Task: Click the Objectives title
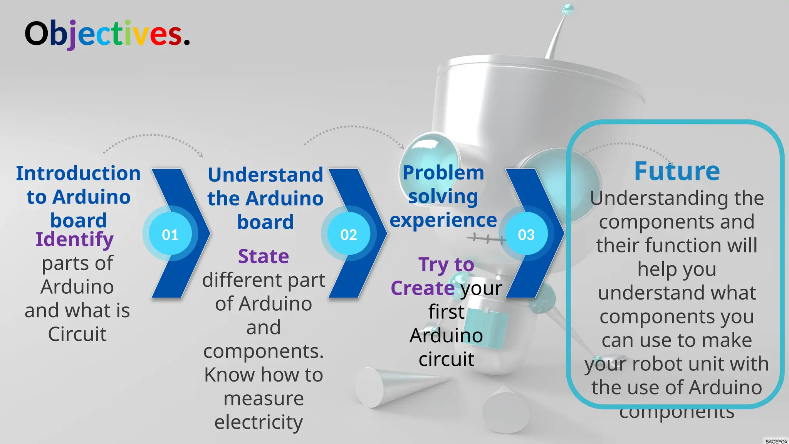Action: pos(107,34)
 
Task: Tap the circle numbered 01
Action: pos(170,234)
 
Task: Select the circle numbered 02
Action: pos(348,234)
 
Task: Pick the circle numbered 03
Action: pos(526,234)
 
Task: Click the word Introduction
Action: pos(78,173)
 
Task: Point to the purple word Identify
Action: pos(75,240)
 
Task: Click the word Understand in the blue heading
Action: pos(265,175)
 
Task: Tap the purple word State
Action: pos(264,256)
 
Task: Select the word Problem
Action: pos(443,173)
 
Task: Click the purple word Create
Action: pos(423,288)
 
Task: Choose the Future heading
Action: pos(677,171)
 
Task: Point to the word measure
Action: pos(264,399)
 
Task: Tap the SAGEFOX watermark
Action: pos(776,441)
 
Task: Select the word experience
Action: pos(443,220)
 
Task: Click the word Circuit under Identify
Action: pos(77,334)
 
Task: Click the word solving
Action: pos(443,197)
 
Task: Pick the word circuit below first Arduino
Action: pos(447,360)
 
